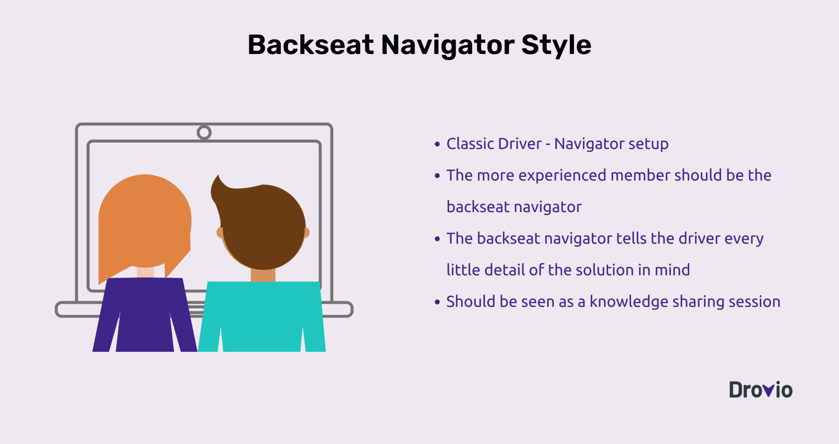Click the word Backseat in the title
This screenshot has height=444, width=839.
pyautogui.click(x=311, y=45)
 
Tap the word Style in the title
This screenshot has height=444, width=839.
pyautogui.click(x=556, y=45)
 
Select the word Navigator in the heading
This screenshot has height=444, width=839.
pyautogui.click(x=448, y=45)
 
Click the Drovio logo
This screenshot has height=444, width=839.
pyautogui.click(x=760, y=390)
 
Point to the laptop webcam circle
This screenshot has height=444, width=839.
pyautogui.click(x=204, y=133)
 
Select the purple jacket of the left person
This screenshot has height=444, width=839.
pyautogui.click(x=145, y=315)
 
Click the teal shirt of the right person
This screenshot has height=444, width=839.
pyautogui.click(x=262, y=315)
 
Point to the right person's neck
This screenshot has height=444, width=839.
pyautogui.click(x=263, y=275)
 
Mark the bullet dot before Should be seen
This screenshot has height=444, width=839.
pyautogui.click(x=437, y=302)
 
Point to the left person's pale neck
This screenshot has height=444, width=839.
pyautogui.click(x=145, y=272)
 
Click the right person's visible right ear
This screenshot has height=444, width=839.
pyautogui.click(x=306, y=232)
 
